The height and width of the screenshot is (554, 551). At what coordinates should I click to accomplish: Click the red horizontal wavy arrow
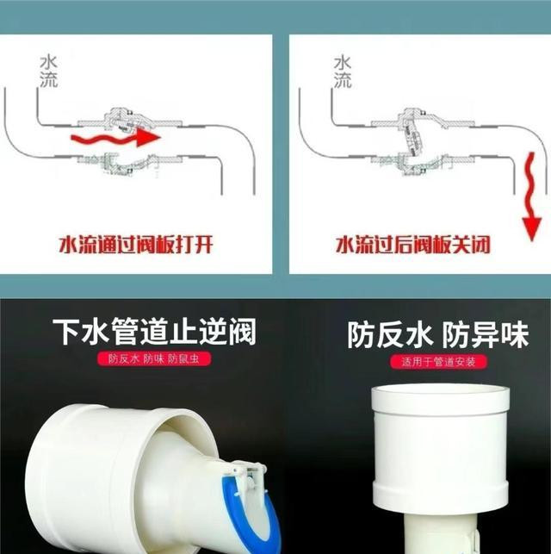(115, 137)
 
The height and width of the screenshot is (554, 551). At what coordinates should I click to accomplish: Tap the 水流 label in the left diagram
(48, 72)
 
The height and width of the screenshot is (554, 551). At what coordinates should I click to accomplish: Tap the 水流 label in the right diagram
(343, 72)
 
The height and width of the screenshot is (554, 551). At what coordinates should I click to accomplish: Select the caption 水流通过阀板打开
(136, 245)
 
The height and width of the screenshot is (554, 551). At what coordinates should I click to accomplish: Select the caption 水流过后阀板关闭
(413, 245)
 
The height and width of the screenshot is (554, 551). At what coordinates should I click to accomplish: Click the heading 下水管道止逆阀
(154, 332)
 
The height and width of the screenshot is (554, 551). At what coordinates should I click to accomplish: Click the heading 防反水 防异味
(438, 334)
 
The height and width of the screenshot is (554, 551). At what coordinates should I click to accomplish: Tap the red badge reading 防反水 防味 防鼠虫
(154, 359)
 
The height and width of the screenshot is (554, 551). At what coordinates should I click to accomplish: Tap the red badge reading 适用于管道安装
(438, 362)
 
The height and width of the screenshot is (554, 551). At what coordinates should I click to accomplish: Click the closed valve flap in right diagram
(412, 135)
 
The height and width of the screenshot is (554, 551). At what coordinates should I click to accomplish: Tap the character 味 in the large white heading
(515, 334)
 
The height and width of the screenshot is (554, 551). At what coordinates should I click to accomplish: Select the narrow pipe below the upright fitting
(439, 533)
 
